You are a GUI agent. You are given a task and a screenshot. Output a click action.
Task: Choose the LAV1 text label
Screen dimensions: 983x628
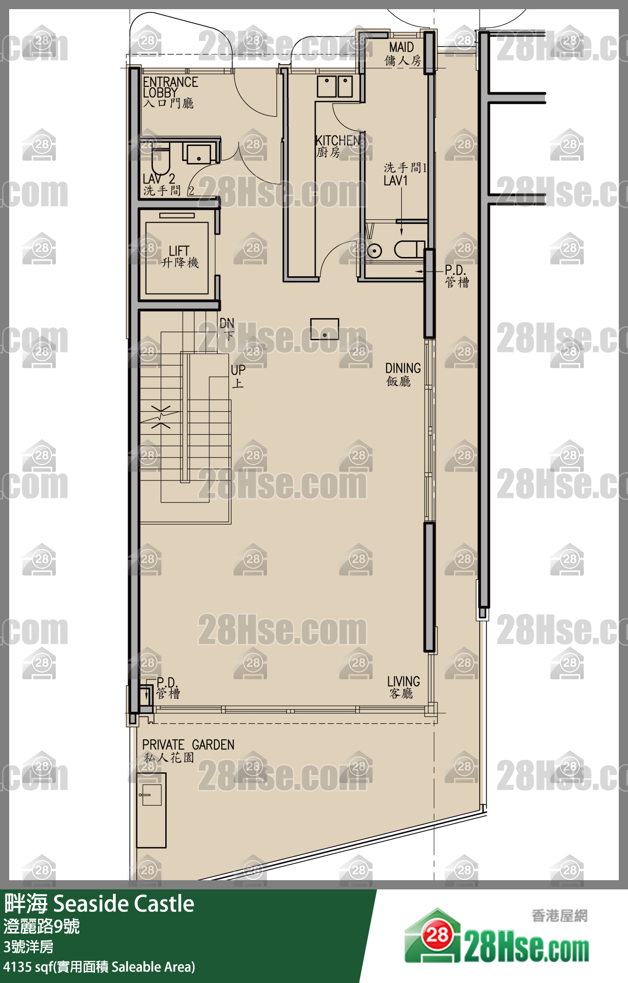click(x=396, y=180)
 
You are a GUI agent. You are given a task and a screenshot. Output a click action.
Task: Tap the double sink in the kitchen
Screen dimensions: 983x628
click(x=335, y=86)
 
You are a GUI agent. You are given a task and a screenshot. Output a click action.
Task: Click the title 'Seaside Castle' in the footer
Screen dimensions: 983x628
click(x=123, y=904)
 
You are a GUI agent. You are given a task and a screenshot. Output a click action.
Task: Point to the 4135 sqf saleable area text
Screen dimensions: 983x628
click(x=99, y=967)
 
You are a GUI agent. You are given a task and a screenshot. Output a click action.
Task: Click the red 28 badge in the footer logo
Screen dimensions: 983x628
click(x=437, y=934)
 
